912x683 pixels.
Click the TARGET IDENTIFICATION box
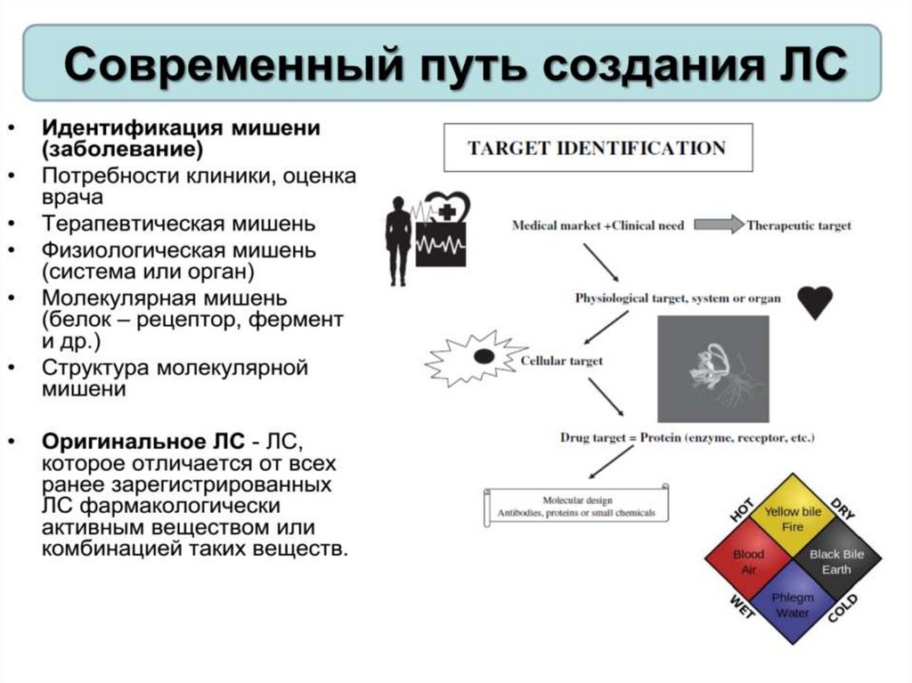598,148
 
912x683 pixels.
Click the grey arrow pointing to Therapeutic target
719,225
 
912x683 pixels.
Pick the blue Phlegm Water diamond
792,605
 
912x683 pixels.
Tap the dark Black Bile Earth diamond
835,562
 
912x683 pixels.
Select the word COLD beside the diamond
843,609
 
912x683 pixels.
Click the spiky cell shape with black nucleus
474,356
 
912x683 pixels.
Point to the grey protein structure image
712,368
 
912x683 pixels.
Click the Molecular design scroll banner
576,507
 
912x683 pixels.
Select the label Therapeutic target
799,226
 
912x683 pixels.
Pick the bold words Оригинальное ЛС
142,440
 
